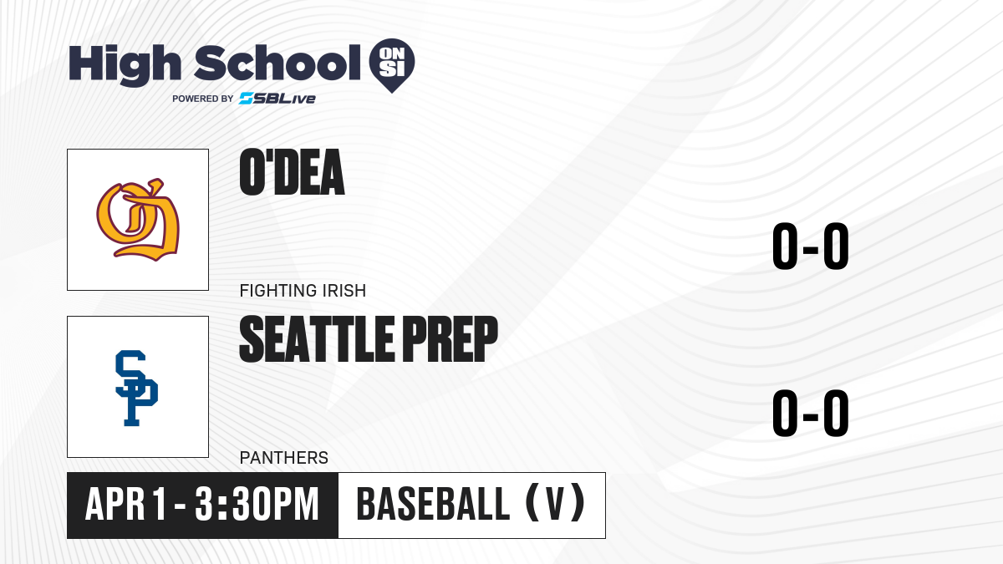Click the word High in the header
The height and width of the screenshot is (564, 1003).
tap(125, 65)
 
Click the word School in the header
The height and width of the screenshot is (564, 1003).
tap(277, 64)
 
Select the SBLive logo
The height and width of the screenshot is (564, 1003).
tap(277, 99)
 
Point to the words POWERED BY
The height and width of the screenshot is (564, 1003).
tap(203, 99)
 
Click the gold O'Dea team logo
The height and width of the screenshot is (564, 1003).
tap(138, 220)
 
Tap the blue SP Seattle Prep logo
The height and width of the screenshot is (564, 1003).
tap(136, 388)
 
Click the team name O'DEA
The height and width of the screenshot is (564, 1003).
tap(292, 172)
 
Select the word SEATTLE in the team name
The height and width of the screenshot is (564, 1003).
tap(317, 339)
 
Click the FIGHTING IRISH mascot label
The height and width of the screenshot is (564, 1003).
tap(303, 291)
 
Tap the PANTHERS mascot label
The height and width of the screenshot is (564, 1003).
tap(284, 458)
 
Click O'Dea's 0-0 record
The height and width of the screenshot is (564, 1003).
tap(811, 246)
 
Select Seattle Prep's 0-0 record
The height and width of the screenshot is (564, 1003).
tap(811, 413)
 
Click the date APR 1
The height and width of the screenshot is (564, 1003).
tap(126, 504)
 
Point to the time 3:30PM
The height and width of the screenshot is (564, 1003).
tap(257, 504)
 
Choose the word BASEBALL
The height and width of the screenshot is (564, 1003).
tap(433, 504)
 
